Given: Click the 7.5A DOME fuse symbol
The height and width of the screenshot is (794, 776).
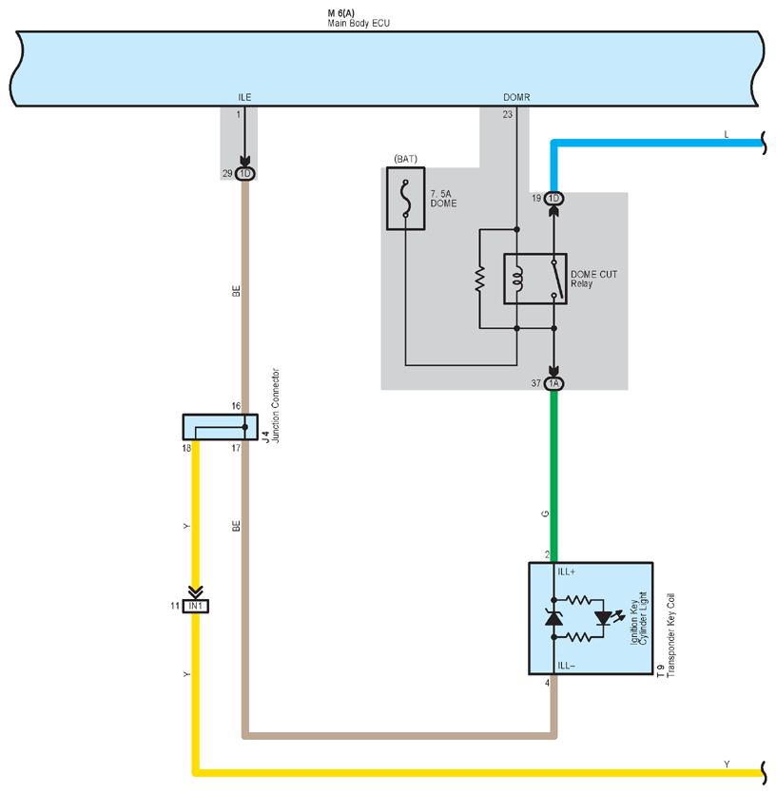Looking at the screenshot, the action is pos(406,199).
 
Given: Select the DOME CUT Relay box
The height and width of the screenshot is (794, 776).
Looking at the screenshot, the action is pos(534,279).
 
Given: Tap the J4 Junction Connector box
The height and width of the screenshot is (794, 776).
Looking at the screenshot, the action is pos(221,427).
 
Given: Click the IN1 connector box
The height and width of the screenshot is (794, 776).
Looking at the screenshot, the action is pos(196,606).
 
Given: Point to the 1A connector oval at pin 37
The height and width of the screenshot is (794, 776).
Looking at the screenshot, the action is pos(553,383).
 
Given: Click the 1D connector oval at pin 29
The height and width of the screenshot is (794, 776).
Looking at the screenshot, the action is pos(245,174).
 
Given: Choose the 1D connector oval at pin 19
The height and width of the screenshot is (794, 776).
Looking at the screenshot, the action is pos(553,199).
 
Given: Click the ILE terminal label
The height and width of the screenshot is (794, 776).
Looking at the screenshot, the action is pos(244,97).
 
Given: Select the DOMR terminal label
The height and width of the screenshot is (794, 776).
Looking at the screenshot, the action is pos(516,97).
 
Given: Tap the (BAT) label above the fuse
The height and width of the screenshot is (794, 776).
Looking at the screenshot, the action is pos(406,159).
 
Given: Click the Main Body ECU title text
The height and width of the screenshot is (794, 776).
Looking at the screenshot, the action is pos(359,23).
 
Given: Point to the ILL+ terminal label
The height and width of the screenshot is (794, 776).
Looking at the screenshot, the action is pos(566,571).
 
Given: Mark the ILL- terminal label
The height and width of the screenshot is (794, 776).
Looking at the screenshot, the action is pos(566,666).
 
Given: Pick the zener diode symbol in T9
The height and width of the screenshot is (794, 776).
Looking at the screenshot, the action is pos(553,618).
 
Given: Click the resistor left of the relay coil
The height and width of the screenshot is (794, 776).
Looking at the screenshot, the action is pos(479,279).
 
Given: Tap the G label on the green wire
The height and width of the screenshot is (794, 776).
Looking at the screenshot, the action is pos(545,514).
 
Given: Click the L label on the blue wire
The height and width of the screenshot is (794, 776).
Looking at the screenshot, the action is pos(727,135).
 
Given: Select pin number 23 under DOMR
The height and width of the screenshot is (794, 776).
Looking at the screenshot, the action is pos(508,114).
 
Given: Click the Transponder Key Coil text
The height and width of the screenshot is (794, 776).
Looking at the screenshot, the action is pos(671,635).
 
